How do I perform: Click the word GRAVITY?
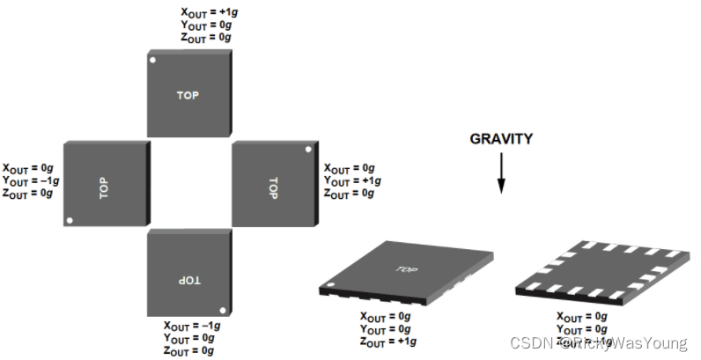click(500, 139)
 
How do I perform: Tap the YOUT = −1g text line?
click(32, 180)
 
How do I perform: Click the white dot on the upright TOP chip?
click(153, 61)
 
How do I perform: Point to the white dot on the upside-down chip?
click(225, 309)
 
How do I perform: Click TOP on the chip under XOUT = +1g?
click(188, 94)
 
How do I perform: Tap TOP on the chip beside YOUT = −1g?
click(104, 185)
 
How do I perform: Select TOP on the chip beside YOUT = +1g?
click(272, 187)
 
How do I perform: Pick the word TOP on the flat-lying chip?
click(406, 269)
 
